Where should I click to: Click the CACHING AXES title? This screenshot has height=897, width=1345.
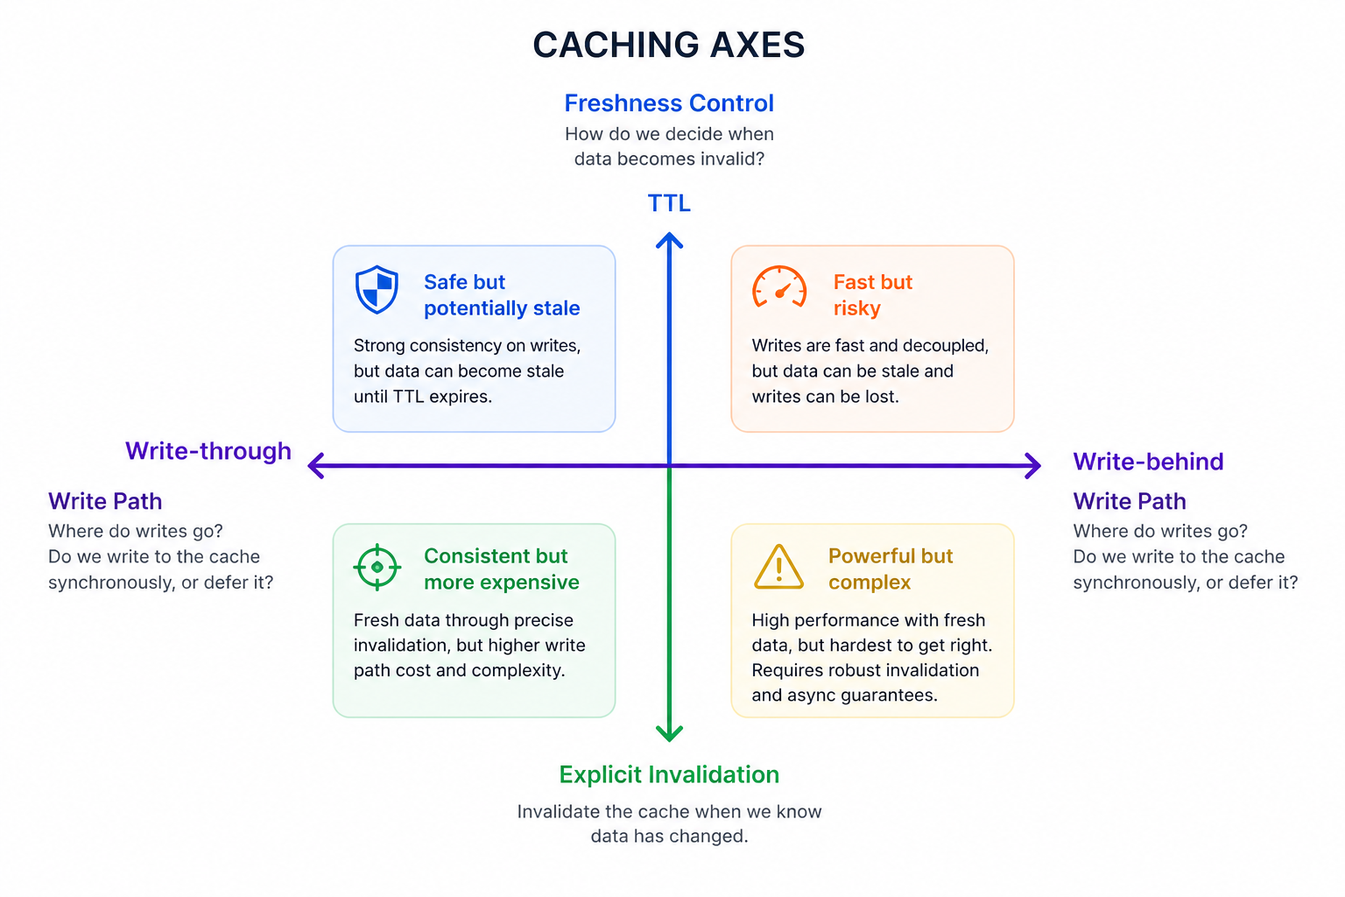pos(669,45)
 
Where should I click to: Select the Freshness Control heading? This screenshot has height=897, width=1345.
pos(669,103)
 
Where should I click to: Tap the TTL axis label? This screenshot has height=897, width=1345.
pos(669,203)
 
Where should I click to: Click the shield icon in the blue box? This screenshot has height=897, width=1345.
pos(377,289)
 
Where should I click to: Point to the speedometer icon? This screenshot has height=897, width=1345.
pos(779,287)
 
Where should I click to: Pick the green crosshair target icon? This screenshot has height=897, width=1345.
pos(377,567)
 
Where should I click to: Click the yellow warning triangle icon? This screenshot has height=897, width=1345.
pos(778,567)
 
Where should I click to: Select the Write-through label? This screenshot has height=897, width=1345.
pos(208,451)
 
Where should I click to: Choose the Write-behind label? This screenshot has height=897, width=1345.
pos(1148,462)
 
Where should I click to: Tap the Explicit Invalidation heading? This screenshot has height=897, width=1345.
pos(669,775)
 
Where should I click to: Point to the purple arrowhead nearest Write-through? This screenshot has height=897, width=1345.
pos(315,466)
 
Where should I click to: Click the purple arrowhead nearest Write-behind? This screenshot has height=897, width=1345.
pos(1033,466)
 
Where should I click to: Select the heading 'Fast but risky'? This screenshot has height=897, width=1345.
pos(872,295)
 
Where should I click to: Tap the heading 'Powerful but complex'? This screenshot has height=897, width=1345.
pos(890,569)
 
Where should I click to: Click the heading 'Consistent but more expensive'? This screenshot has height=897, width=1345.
pos(501,569)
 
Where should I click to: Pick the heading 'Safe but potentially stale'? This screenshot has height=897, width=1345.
pos(501,295)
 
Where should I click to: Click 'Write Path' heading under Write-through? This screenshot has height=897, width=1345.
pos(105,502)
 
